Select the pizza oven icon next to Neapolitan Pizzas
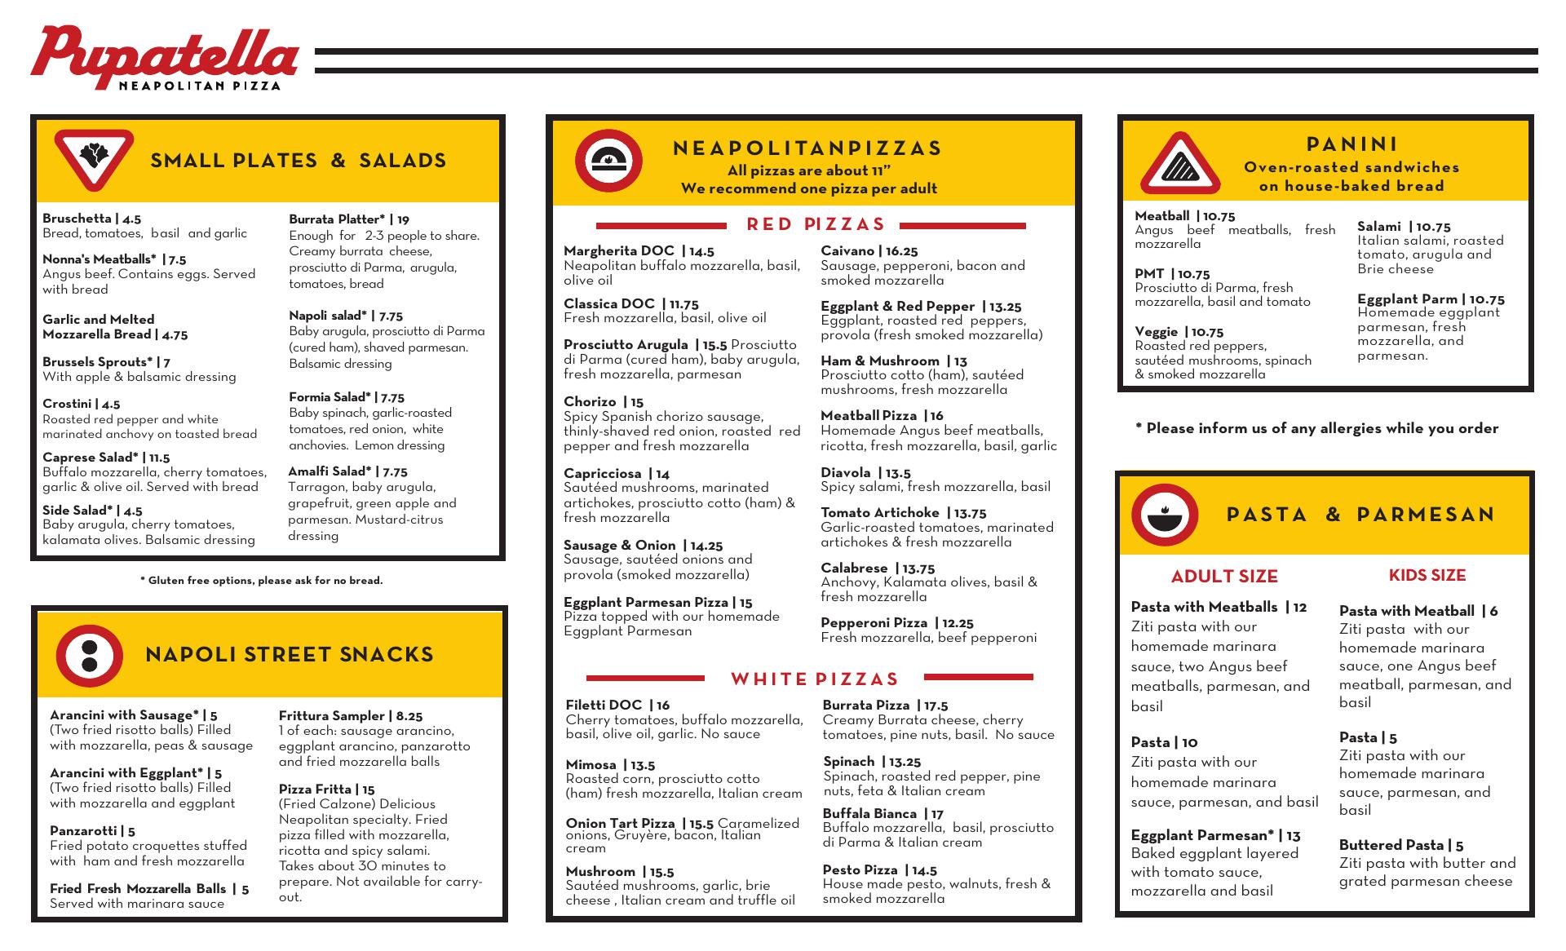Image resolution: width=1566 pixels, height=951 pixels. (x=608, y=161)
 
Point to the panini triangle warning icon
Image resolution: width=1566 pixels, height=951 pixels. (x=1179, y=166)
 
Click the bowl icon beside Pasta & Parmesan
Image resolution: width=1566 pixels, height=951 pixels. (x=1164, y=515)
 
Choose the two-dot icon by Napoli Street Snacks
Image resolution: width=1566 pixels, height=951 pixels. (x=89, y=655)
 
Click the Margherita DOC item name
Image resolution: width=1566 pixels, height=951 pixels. (x=619, y=251)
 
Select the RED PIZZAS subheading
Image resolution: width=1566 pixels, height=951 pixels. (x=816, y=224)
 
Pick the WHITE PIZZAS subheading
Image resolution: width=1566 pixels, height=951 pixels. (x=814, y=679)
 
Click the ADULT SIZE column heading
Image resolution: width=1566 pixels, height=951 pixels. (x=1224, y=577)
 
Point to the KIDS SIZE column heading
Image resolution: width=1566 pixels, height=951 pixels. (x=1427, y=575)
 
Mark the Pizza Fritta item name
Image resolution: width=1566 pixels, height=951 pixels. (x=315, y=790)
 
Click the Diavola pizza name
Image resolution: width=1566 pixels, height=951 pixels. (x=846, y=473)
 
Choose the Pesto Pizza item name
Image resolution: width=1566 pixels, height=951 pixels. (x=860, y=870)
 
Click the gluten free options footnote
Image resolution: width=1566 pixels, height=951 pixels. (x=261, y=581)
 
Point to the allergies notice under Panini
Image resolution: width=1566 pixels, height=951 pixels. (x=1316, y=428)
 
